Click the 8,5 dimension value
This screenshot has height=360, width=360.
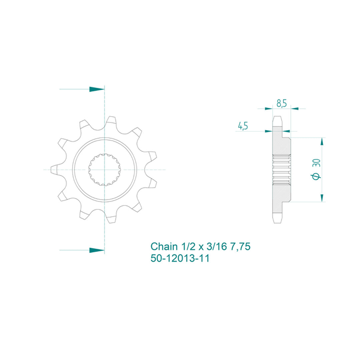coord(281,104)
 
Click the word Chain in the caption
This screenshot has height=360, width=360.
coord(164,247)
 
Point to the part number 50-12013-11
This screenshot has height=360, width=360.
coord(180,258)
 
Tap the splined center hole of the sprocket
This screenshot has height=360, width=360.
coord(104,169)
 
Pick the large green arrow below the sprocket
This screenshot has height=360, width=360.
coord(97,250)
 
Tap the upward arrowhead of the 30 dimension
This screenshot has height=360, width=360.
coord(322,141)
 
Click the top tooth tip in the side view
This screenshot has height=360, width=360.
coord(278,119)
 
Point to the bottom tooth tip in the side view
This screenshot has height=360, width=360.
coord(278,220)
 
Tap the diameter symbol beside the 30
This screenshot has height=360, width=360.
coord(316,176)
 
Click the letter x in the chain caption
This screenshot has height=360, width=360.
coord(201,247)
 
